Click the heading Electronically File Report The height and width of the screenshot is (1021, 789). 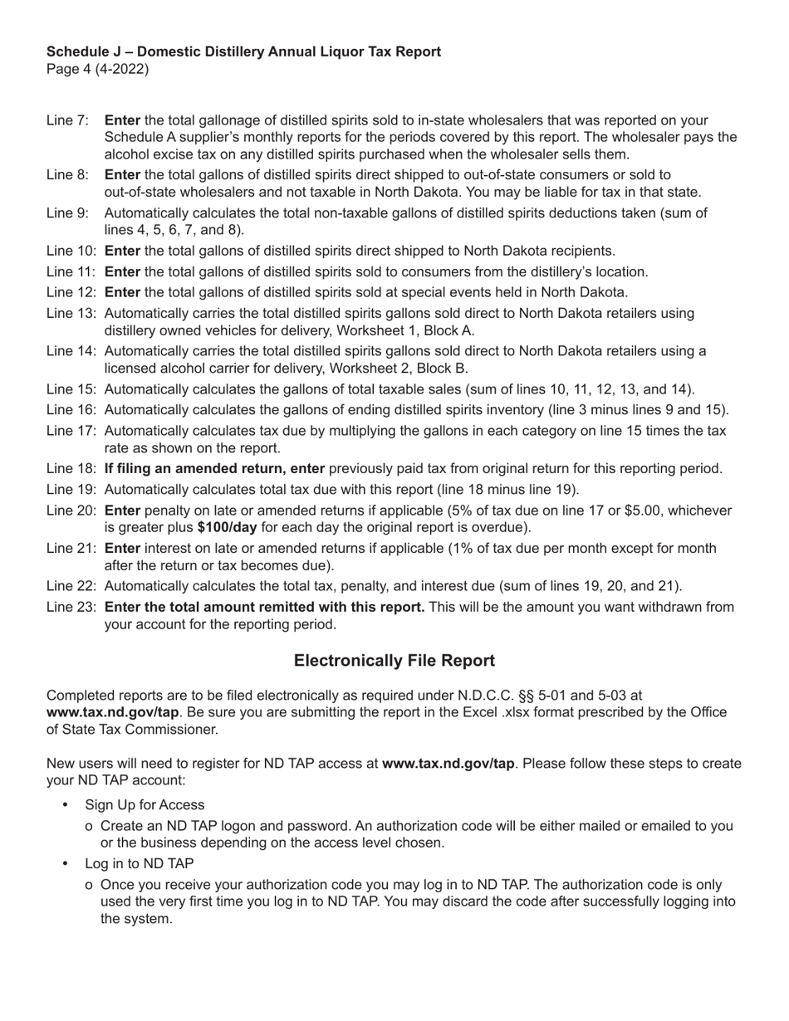pos(394,661)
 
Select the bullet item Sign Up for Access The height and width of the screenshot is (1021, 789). pos(145,805)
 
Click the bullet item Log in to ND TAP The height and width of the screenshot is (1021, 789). pos(140,864)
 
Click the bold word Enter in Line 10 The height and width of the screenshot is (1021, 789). pos(122,251)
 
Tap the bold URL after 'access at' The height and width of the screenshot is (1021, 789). pos(448,764)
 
